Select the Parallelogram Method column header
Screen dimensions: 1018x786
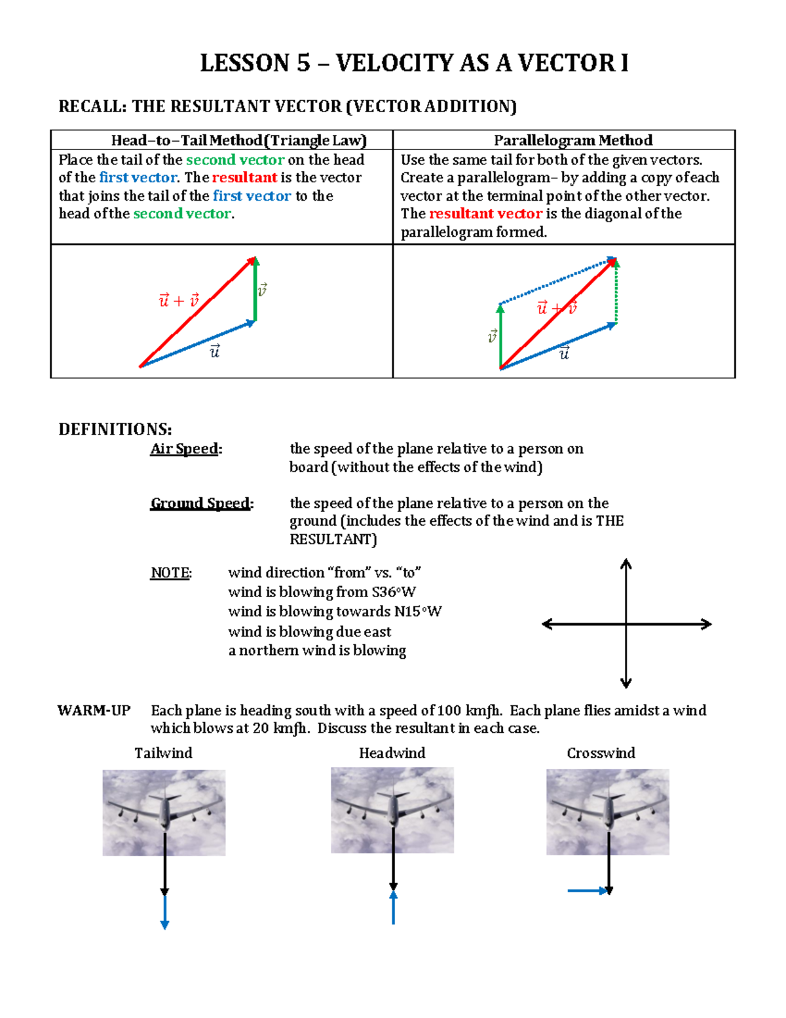click(x=572, y=140)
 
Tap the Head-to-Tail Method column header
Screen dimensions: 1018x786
click(x=238, y=140)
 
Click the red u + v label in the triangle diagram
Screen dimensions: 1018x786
click(x=178, y=301)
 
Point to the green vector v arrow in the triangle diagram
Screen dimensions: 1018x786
click(x=255, y=290)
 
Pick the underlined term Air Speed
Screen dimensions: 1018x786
click(x=185, y=449)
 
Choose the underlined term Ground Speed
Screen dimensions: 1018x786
click(x=201, y=503)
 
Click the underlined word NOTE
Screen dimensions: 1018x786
click(x=170, y=573)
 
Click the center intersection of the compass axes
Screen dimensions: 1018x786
click(x=626, y=624)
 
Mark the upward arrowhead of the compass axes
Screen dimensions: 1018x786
click(x=626, y=563)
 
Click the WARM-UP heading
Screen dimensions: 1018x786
click(x=94, y=711)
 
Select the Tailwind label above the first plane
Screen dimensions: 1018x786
click(x=163, y=753)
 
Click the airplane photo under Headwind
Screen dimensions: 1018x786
click(x=392, y=810)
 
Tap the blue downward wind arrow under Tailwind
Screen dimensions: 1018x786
click(x=165, y=912)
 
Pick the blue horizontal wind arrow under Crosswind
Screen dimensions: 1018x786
click(x=588, y=891)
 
